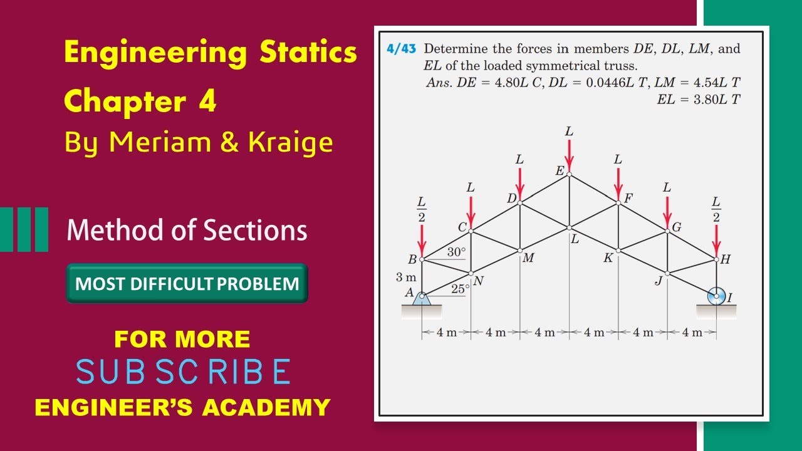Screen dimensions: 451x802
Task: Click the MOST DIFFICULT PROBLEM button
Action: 187,284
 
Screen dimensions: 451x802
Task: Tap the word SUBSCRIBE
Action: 183,372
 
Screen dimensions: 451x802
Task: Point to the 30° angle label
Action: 456,252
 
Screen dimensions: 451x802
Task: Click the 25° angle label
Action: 461,289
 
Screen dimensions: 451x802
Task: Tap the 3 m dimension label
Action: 407,277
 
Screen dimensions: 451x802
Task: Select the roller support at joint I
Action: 716,296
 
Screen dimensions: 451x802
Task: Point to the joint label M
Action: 528,257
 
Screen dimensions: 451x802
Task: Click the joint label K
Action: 608,257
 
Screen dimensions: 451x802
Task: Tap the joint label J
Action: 658,281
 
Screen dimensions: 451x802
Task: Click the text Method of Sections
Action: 187,230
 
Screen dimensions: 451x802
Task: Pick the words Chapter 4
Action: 140,101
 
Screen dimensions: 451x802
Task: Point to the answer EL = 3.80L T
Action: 699,98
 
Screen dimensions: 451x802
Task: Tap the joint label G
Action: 677,227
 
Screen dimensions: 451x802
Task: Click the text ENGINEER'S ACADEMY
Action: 182,407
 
